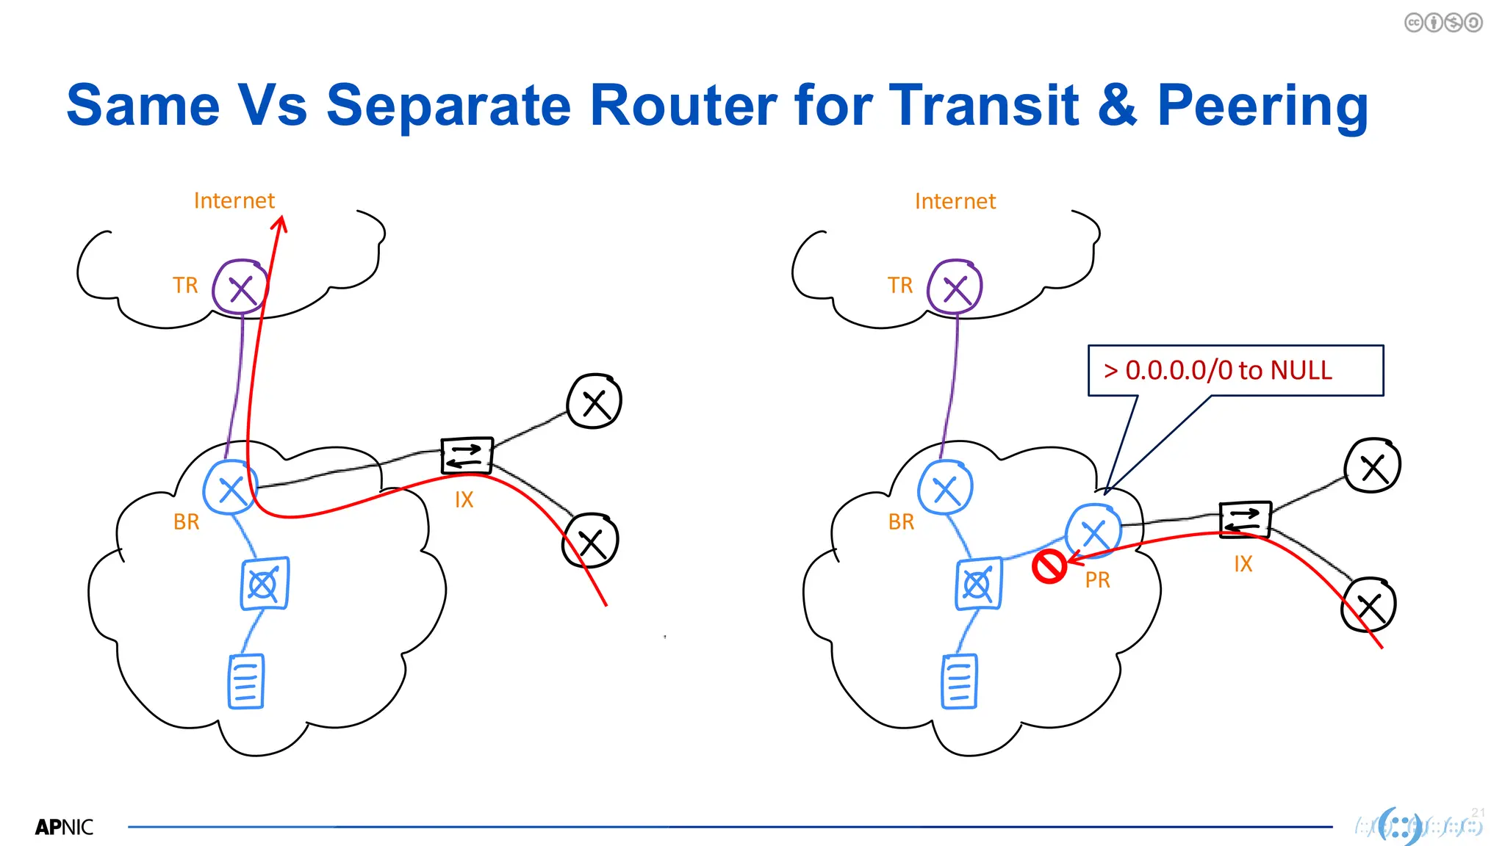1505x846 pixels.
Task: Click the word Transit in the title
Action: pos(983,105)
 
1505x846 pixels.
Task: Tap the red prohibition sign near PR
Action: pos(1049,567)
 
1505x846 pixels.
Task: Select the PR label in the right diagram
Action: pos(1097,580)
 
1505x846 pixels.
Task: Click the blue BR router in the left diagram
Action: pos(231,488)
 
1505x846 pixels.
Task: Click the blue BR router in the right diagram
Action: pos(946,488)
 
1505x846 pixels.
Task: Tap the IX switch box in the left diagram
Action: pos(466,456)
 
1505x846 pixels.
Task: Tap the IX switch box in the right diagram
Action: pos(1244,520)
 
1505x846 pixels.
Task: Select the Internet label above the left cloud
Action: pos(234,200)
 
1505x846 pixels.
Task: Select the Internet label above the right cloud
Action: pos(955,201)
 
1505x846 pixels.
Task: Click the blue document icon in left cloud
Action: pos(245,681)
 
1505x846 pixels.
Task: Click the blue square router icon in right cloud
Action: pos(978,585)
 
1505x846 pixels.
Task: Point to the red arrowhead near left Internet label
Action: pos(280,223)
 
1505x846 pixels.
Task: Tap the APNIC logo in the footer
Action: pos(65,828)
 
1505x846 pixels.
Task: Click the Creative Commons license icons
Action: pos(1443,23)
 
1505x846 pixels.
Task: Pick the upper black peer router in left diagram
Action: pos(594,402)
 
